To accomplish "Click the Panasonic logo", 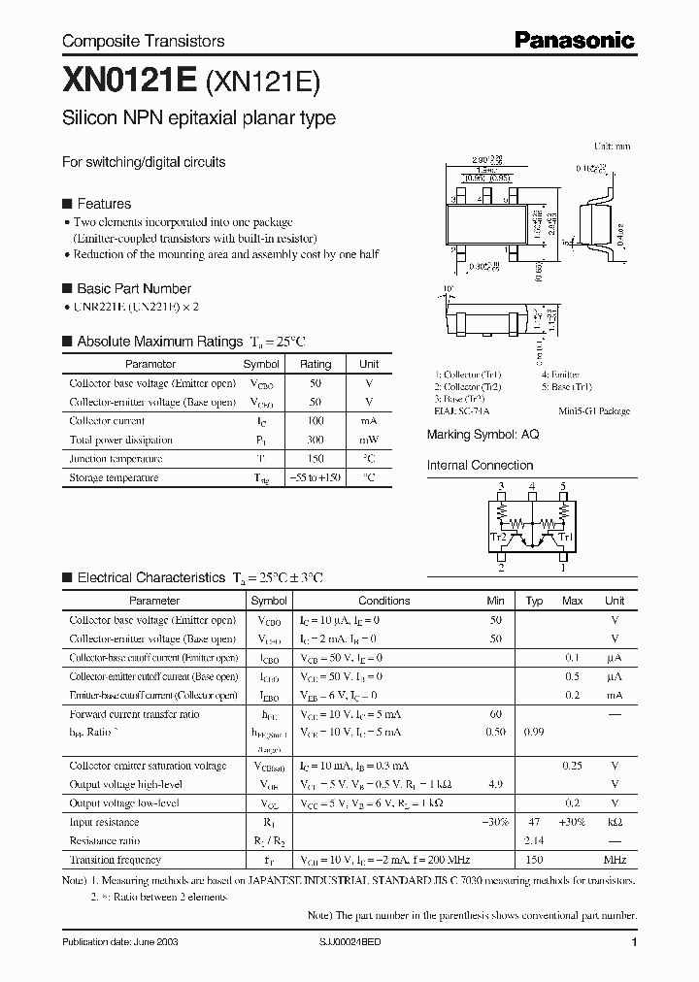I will [574, 40].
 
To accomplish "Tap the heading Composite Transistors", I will [143, 41].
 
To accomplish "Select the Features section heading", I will [103, 204].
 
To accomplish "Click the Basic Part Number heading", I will [133, 288].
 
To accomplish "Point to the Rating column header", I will [316, 364].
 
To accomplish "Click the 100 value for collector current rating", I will [316, 421].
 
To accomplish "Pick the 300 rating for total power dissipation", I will [316, 440].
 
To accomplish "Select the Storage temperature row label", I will [114, 477].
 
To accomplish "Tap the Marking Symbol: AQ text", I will [483, 435].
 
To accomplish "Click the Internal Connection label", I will [480, 465].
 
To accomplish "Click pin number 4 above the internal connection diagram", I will [532, 485].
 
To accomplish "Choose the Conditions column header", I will [383, 601].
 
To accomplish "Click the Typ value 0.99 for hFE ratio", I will [534, 732].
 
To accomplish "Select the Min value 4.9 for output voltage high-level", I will [496, 785].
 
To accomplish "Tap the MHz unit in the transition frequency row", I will [614, 860].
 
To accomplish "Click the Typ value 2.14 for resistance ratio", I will [534, 840].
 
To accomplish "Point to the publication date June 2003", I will [119, 942].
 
